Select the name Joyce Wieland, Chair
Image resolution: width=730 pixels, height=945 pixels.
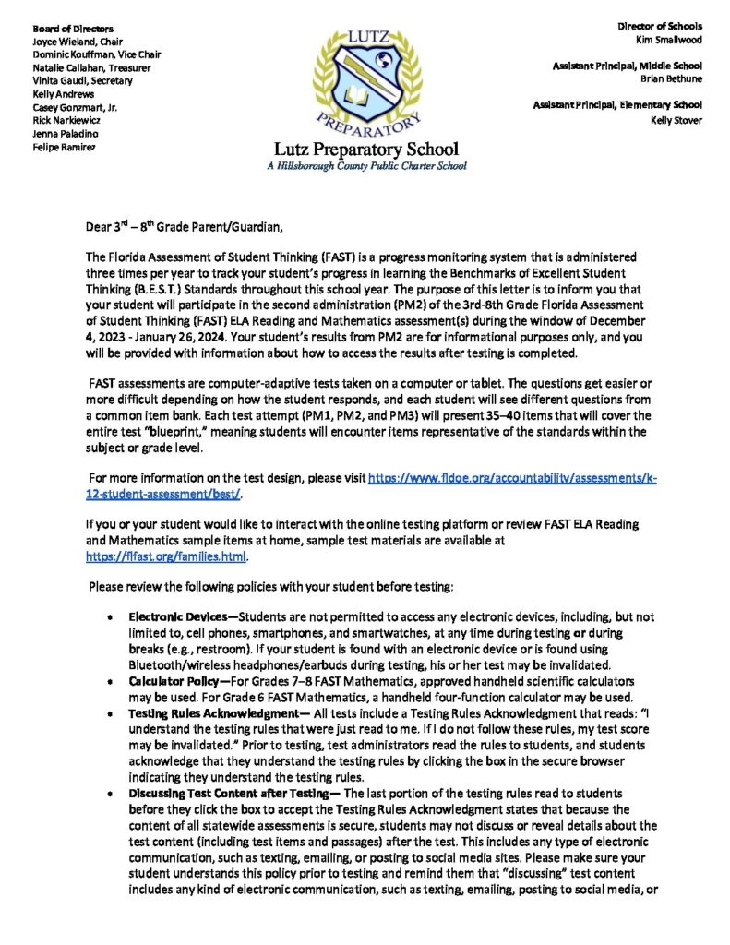point(79,42)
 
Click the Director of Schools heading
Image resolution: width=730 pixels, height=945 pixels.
point(659,27)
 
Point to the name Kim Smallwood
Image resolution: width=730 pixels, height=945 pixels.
point(669,40)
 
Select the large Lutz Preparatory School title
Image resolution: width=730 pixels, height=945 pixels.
point(365,150)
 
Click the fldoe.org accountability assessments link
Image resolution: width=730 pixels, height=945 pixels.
point(512,479)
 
